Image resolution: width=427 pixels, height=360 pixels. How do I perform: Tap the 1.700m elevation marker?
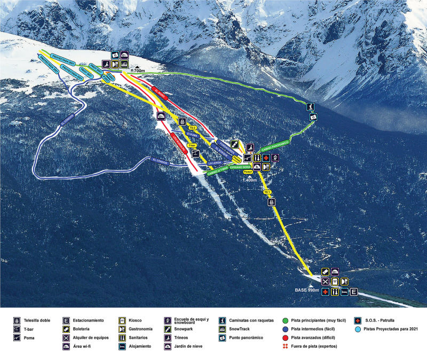pyautogui.click(x=138, y=70)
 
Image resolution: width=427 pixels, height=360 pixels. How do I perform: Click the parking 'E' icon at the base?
pyautogui.click(x=353, y=292)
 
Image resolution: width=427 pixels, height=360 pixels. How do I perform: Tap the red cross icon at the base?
pyautogui.click(x=325, y=292)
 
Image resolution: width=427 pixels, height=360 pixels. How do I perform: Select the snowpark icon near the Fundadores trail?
pyautogui.click(x=235, y=144)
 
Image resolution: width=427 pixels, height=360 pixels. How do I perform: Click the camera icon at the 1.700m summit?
pyautogui.click(x=114, y=55)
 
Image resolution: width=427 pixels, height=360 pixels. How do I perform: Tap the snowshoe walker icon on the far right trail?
pyautogui.click(x=310, y=107)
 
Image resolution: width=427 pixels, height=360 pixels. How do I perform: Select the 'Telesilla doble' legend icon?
pyautogui.click(x=17, y=320)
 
